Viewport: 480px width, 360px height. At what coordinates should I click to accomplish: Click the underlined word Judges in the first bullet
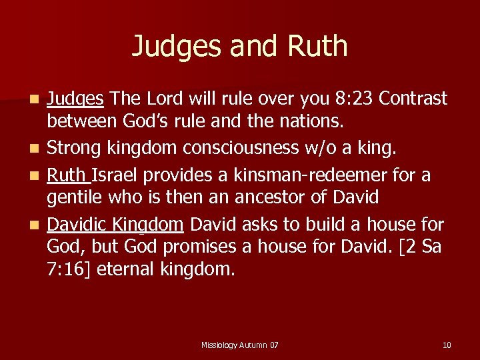75,99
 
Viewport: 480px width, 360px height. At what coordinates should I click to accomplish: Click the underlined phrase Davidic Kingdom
115,224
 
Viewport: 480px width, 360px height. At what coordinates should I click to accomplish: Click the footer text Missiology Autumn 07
239,345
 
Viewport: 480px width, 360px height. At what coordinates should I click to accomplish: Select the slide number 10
447,345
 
